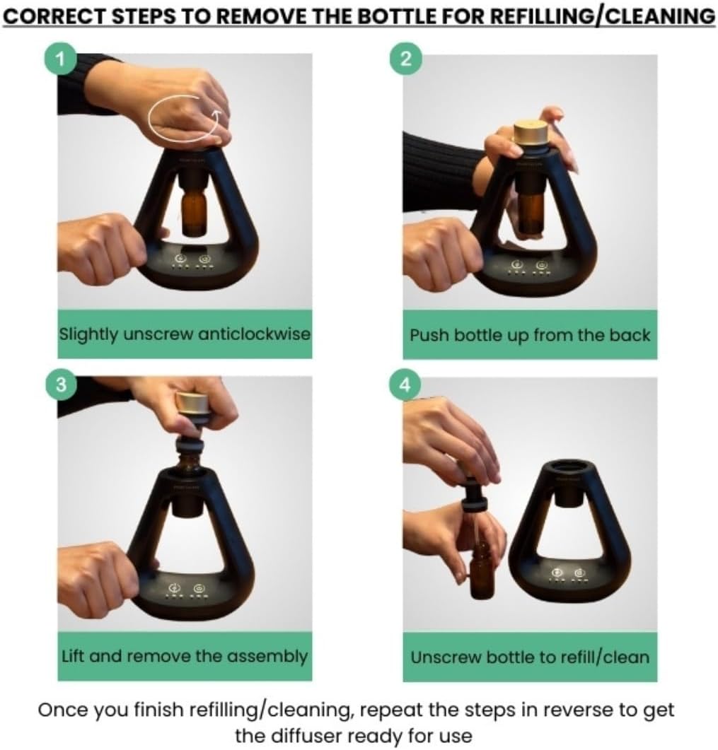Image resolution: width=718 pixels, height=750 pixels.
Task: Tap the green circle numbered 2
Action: click(x=405, y=59)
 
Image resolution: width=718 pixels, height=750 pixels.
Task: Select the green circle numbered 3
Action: click(x=60, y=385)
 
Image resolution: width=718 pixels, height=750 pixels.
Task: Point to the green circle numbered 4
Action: click(x=405, y=385)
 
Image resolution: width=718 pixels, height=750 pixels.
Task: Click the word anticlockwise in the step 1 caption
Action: click(x=254, y=334)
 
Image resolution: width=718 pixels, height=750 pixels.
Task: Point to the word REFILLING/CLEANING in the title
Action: click(x=603, y=17)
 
